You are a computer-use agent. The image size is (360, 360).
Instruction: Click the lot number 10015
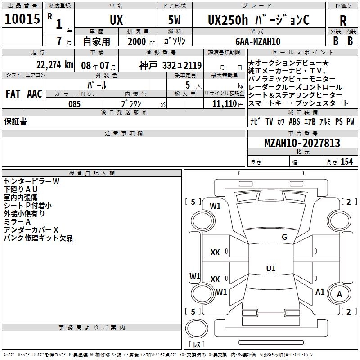(22, 19)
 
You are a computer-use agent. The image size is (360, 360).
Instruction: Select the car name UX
(116, 20)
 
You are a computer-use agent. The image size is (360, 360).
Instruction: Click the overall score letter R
(343, 21)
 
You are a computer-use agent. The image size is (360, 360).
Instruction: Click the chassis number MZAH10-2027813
(302, 144)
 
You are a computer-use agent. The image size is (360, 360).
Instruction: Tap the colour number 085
(75, 104)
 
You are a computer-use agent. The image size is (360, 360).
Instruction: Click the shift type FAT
(13, 94)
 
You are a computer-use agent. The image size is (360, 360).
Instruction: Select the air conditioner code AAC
(34, 94)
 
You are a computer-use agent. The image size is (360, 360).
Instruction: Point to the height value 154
(346, 162)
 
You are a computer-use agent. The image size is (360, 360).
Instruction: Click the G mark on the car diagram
(284, 237)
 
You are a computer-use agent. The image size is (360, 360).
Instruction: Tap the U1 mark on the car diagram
(270, 269)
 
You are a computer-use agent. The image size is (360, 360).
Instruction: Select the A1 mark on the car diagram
(320, 292)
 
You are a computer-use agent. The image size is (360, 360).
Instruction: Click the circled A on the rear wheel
(340, 294)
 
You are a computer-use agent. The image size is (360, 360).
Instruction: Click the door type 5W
(175, 20)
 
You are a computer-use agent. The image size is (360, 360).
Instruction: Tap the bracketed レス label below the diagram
(197, 345)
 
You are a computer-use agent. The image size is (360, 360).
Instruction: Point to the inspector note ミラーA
(17, 222)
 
